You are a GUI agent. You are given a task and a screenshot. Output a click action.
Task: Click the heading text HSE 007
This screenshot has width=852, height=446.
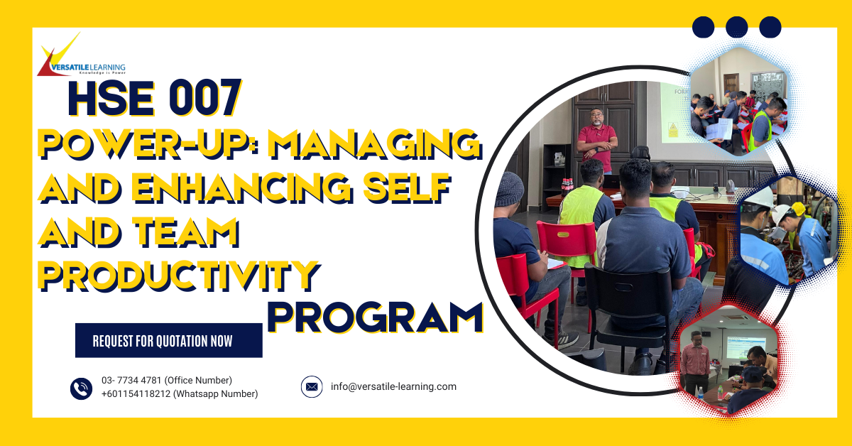[154, 99]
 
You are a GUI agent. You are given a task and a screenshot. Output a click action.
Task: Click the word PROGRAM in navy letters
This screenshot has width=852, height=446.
[374, 317]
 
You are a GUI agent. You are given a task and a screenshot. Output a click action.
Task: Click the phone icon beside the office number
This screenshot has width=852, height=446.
[81, 388]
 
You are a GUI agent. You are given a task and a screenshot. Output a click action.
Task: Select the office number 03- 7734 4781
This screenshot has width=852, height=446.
[132, 381]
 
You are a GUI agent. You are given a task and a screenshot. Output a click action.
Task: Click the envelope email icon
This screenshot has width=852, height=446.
[311, 387]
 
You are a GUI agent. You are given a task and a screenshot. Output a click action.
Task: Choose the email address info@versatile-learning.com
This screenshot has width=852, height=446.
[393, 387]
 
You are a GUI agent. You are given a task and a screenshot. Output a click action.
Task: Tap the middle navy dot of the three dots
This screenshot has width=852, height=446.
[737, 27]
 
